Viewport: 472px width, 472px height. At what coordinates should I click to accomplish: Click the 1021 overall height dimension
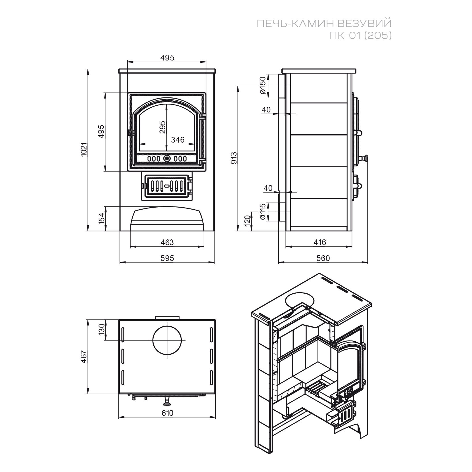83,149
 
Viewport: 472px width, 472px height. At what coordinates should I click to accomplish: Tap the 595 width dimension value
167,258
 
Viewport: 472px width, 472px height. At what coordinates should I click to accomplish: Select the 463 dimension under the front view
167,242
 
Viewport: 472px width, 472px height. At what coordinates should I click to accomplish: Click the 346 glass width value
178,140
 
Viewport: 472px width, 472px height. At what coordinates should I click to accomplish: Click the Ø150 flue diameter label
263,85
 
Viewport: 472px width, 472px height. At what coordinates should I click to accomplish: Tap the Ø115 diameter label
263,212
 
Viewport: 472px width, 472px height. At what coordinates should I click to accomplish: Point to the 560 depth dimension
323,258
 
